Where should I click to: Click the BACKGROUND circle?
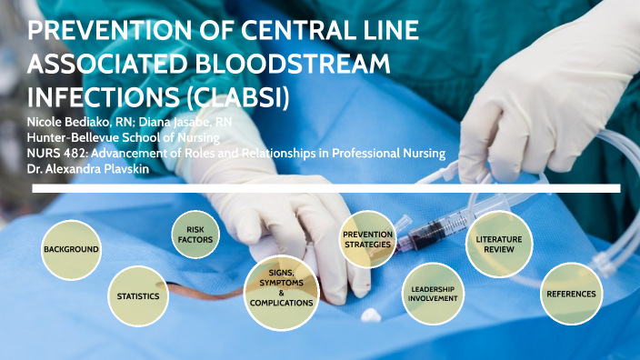pyautogui.click(x=70, y=249)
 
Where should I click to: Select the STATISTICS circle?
pyautogui.click(x=138, y=296)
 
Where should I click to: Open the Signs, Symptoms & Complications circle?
pyautogui.click(x=282, y=292)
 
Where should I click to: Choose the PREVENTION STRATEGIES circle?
pyautogui.click(x=367, y=240)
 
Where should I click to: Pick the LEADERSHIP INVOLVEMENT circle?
pyautogui.click(x=432, y=294)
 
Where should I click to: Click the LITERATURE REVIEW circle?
pyautogui.click(x=498, y=243)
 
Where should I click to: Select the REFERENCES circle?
pyautogui.click(x=571, y=294)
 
